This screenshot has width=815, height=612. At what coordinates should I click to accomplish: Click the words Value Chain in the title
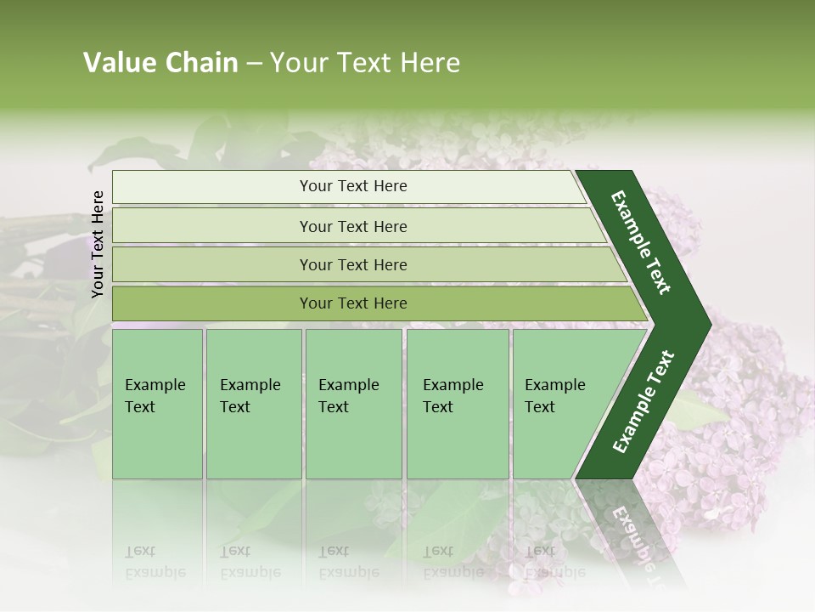point(160,63)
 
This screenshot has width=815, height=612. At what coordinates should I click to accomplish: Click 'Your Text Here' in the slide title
point(365,63)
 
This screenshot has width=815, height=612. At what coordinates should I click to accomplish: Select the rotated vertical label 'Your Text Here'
point(98,244)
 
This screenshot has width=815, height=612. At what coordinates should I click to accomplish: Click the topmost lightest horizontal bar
point(352,186)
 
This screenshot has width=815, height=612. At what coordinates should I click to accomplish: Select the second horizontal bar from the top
point(352,226)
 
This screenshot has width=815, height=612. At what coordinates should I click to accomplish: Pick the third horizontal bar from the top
point(352,264)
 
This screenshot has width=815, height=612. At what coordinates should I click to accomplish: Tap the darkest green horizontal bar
point(352,303)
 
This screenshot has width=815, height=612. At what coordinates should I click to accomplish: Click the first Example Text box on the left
point(157,404)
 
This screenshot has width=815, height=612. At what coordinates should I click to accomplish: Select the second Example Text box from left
point(253,404)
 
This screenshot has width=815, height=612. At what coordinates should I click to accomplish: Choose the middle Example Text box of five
point(353,404)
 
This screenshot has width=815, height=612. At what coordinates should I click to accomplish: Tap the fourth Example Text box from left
point(458,404)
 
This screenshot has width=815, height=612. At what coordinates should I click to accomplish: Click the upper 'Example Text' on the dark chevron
point(640,242)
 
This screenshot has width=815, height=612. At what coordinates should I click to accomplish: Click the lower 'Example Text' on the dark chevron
point(644,402)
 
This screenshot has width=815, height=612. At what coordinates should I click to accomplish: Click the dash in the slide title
point(254,64)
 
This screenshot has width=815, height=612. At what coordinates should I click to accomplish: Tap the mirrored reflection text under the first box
point(155,562)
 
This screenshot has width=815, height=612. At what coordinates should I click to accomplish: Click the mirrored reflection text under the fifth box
point(554,562)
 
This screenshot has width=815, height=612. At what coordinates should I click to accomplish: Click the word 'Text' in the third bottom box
point(334,407)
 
